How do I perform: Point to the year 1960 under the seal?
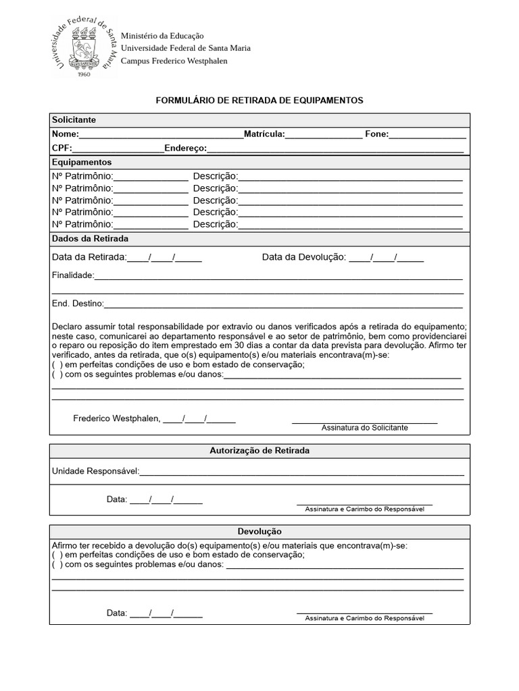84,74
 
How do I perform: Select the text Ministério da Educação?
162,35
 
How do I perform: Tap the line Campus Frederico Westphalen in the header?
174,61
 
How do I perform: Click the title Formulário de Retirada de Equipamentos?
259,100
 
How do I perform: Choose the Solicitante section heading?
74,119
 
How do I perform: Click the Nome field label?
65,134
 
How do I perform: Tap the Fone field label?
376,134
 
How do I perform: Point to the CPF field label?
61,148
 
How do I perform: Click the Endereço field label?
185,148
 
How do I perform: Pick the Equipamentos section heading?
81,162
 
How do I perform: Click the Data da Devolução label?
303,257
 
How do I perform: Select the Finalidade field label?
73,275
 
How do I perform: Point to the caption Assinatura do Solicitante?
364,428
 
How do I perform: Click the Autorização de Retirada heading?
259,450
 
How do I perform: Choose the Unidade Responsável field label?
95,470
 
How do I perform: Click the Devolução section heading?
259,532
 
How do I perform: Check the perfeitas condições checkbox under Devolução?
57,555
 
